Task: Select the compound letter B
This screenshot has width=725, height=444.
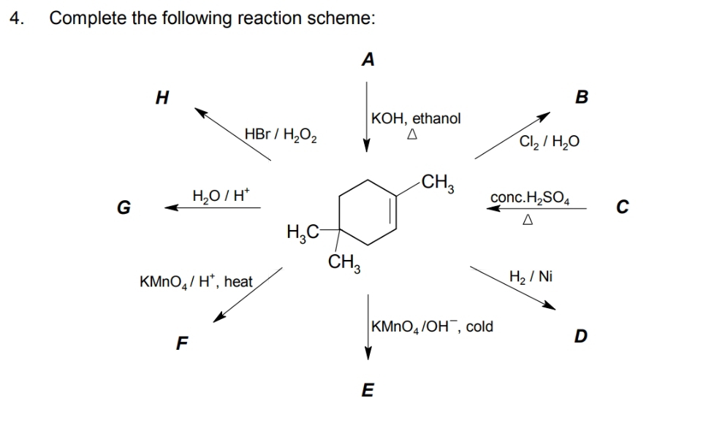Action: point(582,97)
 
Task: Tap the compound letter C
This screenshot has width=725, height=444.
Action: point(620,207)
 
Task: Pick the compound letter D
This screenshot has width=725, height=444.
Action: point(580,336)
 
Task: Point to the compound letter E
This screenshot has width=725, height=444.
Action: point(368,391)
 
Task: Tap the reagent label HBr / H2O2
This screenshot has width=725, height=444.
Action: point(281,134)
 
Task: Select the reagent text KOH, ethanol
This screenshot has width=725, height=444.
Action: point(416,118)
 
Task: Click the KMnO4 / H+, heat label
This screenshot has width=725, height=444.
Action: point(196,281)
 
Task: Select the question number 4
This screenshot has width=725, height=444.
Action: point(16,19)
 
